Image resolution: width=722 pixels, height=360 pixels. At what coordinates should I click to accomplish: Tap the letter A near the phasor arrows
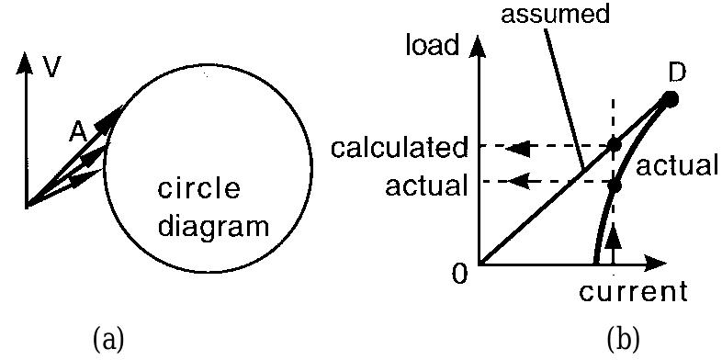pyautogui.click(x=79, y=132)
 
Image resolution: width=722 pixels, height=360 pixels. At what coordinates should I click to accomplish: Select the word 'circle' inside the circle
pyautogui.click(x=198, y=189)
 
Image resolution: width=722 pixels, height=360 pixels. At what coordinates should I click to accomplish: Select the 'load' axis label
pyautogui.click(x=432, y=45)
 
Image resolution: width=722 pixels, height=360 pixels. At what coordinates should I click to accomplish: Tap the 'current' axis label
pyautogui.click(x=635, y=292)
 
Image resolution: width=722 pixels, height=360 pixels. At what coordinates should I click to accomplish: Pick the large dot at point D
pyautogui.click(x=671, y=99)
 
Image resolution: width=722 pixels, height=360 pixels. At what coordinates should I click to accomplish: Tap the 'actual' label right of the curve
pyautogui.click(x=676, y=165)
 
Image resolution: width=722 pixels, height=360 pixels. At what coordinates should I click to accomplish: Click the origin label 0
pyautogui.click(x=460, y=273)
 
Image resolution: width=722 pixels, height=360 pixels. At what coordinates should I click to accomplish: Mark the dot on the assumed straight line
pyautogui.click(x=615, y=144)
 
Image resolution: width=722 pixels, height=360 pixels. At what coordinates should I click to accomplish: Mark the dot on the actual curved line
pyautogui.click(x=615, y=185)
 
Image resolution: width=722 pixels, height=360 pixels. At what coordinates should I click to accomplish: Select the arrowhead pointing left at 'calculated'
pyautogui.click(x=519, y=147)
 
